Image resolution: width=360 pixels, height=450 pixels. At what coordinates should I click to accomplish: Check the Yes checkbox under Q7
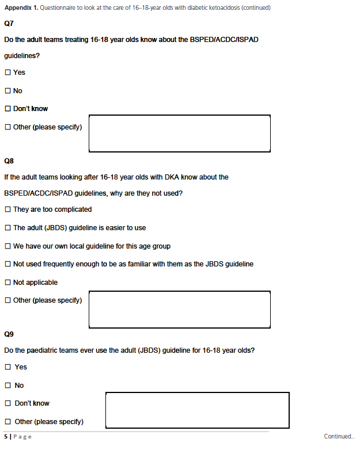coord(7,73)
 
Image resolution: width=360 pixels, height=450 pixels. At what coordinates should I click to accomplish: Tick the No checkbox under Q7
coord(7,91)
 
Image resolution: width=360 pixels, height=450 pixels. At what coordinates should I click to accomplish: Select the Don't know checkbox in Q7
coord(7,109)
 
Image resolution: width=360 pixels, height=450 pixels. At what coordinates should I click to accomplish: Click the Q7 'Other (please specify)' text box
coord(180,134)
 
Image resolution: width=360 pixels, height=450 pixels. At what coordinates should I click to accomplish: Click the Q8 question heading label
coord(9,161)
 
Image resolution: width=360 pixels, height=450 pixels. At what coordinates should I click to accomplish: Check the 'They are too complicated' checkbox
coord(7,209)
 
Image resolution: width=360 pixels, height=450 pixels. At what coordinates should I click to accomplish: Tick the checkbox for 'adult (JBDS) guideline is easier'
coord(7,228)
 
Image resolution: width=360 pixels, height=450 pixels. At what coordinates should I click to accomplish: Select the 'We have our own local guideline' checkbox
coord(7,246)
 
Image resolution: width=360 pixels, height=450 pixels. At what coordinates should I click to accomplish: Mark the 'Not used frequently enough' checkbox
coord(7,264)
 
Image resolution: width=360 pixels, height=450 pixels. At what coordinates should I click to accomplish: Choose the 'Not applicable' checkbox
coord(7,283)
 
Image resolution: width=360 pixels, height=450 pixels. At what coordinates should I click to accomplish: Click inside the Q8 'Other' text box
coord(180,309)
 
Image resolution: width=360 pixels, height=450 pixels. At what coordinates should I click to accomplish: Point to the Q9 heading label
coord(9,334)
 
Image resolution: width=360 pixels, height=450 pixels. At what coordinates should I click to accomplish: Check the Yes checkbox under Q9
coord(7,367)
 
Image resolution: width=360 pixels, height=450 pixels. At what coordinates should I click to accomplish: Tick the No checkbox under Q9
coord(7,386)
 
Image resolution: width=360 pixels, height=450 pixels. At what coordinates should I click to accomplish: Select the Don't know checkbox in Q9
coord(7,403)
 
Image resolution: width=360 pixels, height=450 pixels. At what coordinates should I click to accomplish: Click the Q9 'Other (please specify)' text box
coord(197,410)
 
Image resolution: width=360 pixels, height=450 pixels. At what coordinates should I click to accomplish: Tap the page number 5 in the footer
coord(6,437)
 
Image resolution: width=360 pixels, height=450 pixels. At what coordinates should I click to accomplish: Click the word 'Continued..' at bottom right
coord(339,437)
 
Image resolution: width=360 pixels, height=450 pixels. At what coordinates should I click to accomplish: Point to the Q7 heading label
coord(9,24)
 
